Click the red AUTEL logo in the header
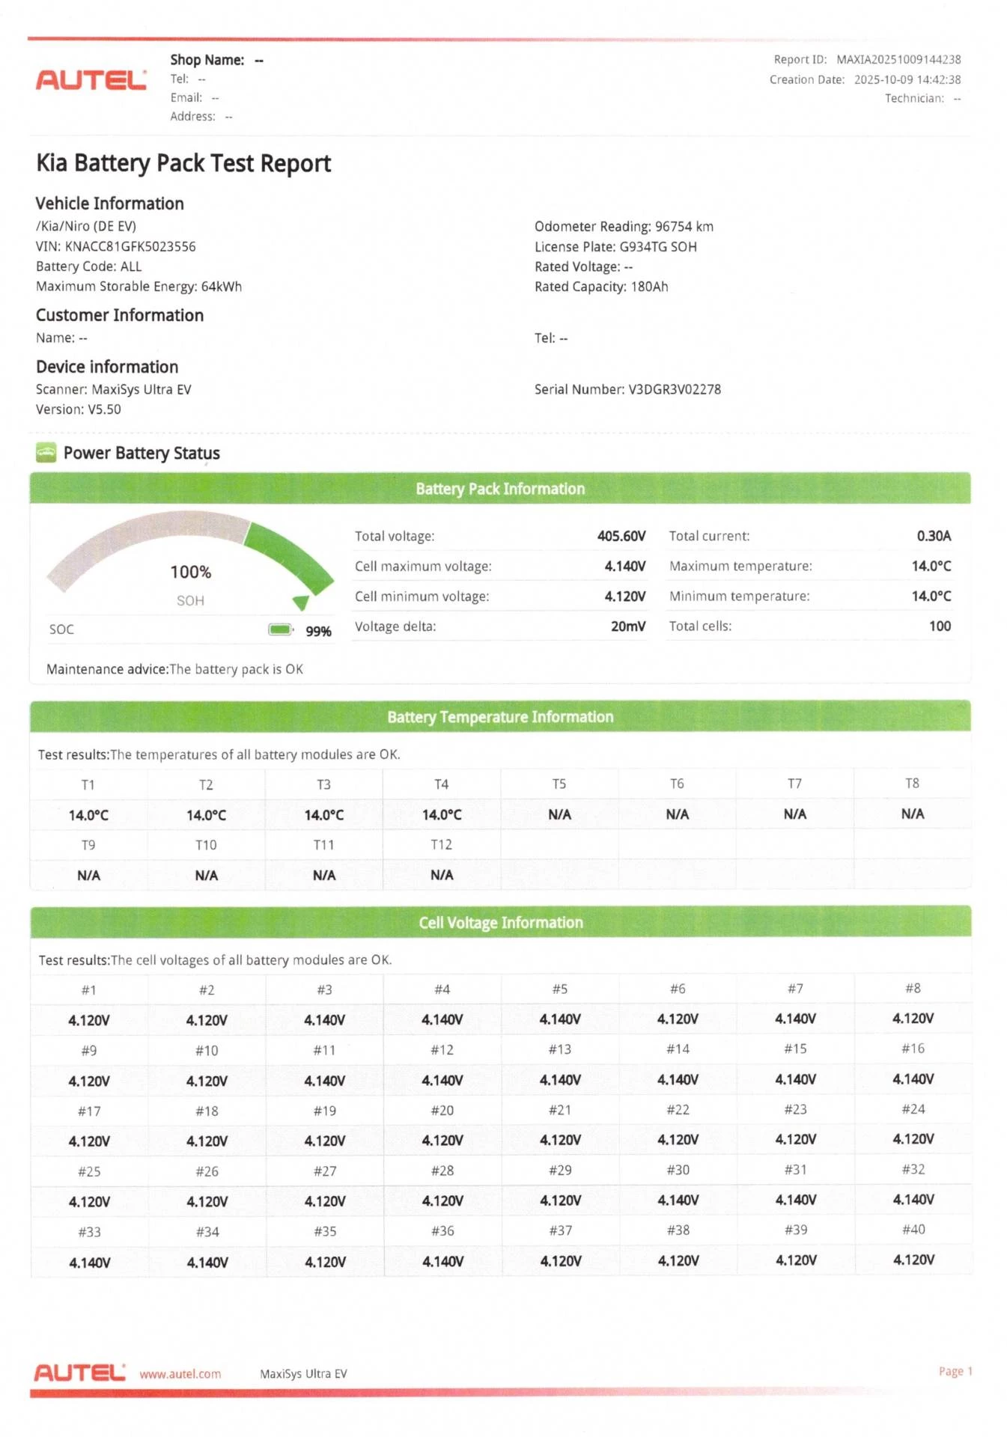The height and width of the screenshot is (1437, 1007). point(91,79)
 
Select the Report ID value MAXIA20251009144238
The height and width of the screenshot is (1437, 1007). point(898,60)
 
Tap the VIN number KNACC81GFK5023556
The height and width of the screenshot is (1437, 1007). point(130,246)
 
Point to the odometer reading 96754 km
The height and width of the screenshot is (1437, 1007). point(684,227)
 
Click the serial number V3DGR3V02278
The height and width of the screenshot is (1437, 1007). point(674,389)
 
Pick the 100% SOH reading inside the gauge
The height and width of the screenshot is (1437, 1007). point(190,573)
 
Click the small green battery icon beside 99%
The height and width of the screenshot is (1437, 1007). point(280,629)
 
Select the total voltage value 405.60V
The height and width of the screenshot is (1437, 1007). point(621,536)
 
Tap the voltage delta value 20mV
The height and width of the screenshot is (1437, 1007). point(627,626)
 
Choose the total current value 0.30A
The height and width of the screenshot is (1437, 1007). point(934,536)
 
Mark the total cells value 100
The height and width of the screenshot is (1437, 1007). point(940,626)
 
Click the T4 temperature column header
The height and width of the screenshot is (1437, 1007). point(441,784)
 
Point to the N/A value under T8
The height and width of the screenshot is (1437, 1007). point(912,814)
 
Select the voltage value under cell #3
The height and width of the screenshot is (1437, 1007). point(324,1020)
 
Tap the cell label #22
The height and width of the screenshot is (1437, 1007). point(678,1110)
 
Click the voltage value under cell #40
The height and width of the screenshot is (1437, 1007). point(913,1260)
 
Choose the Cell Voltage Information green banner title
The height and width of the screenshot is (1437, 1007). point(500,923)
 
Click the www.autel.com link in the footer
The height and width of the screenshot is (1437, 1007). point(180,1374)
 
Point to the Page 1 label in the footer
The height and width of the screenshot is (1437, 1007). point(955,1371)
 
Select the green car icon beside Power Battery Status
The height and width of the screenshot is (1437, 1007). point(46,453)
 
